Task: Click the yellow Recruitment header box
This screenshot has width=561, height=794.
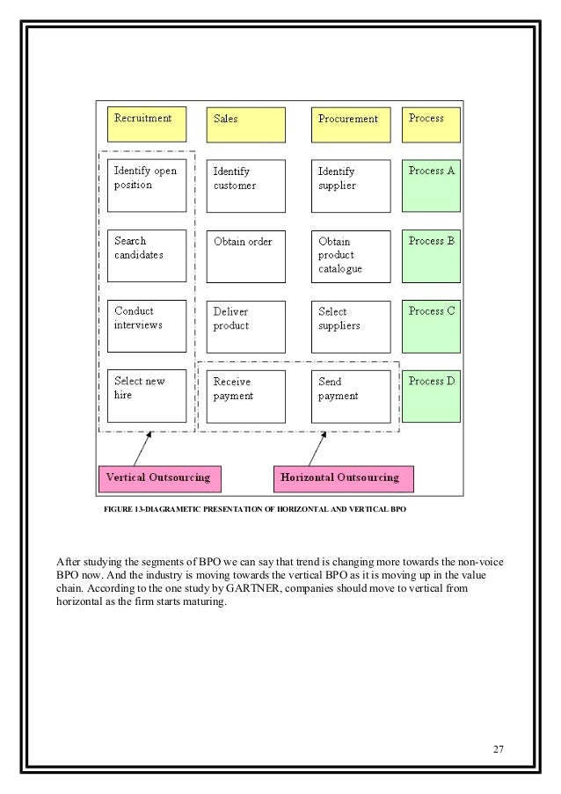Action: [146, 124]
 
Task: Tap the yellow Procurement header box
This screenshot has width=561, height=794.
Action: [350, 124]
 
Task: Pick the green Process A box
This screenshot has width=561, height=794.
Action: [431, 185]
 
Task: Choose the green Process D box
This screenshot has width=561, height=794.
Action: [431, 396]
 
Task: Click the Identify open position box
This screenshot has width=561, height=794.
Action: [147, 185]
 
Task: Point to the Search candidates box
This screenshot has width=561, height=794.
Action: [147, 255]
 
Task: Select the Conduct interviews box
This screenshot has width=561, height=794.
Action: [147, 325]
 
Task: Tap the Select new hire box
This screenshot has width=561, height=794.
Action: [147, 396]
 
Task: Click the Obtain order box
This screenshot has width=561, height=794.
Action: [245, 255]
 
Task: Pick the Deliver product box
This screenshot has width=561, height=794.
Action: [245, 325]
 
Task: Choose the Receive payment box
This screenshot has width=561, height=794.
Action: [245, 396]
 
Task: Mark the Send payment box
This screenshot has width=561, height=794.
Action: [350, 396]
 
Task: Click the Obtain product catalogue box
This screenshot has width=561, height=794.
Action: [350, 255]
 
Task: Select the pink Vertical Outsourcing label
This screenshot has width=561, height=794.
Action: [159, 478]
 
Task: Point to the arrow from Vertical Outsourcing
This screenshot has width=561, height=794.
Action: [141, 448]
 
